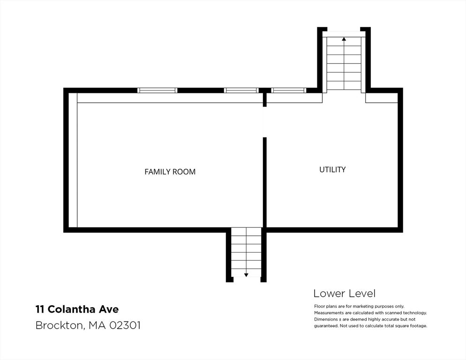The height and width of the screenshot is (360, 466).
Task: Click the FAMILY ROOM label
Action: pos(170,172)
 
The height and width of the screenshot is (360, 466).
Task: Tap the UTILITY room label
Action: pos(332,169)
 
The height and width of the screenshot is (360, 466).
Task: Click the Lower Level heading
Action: pos(345,294)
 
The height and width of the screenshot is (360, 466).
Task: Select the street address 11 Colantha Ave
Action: pos(77,309)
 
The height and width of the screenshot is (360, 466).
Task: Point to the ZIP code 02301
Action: pos(125,325)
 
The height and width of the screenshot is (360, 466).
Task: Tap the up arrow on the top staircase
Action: pos(344,38)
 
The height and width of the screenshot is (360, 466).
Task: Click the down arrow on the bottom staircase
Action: pos(246,275)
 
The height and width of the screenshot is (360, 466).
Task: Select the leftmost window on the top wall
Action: pos(157,90)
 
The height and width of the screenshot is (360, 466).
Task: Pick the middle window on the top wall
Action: pos(241,90)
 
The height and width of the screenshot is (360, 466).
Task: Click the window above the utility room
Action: pos(288,90)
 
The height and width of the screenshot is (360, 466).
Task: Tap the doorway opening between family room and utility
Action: pos(264,122)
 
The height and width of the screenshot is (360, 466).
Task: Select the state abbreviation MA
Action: pos(97,325)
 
